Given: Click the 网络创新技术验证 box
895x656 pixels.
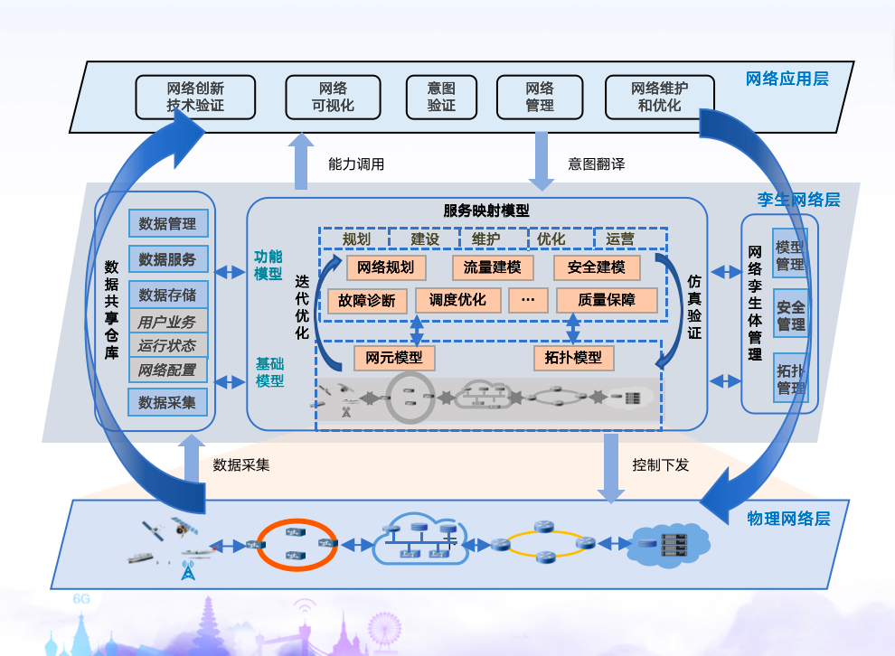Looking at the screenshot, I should click(x=195, y=98).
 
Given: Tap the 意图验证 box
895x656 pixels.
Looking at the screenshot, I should click(x=441, y=98).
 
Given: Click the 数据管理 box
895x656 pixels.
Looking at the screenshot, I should click(x=168, y=223).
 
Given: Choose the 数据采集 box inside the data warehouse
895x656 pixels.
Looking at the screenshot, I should click(x=168, y=402).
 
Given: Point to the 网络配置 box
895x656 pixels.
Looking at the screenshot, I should click(x=168, y=370).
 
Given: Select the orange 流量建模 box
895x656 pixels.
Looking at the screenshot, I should click(x=493, y=267).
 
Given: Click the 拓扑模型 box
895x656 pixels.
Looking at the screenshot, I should click(x=573, y=357).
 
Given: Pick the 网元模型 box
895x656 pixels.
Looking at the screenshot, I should click(x=394, y=357).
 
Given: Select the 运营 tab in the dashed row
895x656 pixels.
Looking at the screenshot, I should click(x=621, y=239).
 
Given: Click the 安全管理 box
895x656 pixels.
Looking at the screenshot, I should click(x=791, y=314).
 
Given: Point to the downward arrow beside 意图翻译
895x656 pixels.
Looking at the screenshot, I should click(x=541, y=161).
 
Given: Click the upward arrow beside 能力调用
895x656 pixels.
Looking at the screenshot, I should click(x=302, y=161).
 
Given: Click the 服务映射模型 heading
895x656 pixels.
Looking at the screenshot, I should click(x=486, y=211).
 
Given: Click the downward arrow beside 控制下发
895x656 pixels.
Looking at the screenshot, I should click(x=612, y=467).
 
